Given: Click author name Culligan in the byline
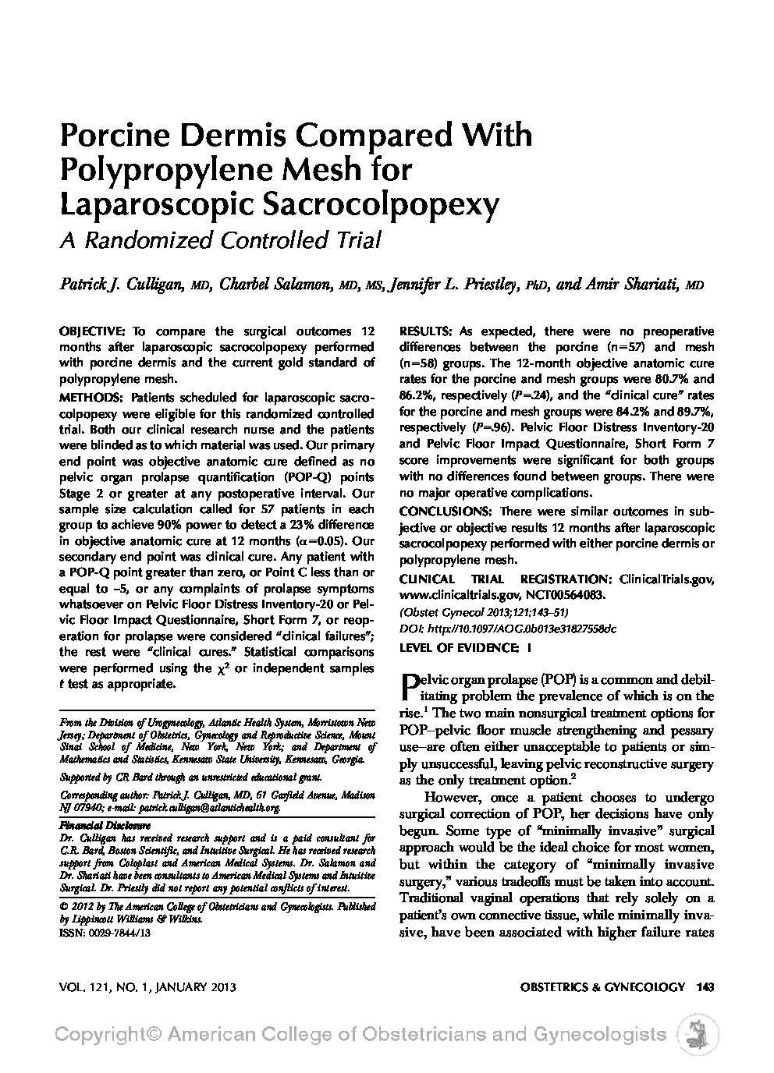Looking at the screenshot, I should [x=149, y=285].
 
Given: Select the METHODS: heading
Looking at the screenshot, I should [x=90, y=397].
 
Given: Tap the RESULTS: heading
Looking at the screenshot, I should [x=425, y=330].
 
